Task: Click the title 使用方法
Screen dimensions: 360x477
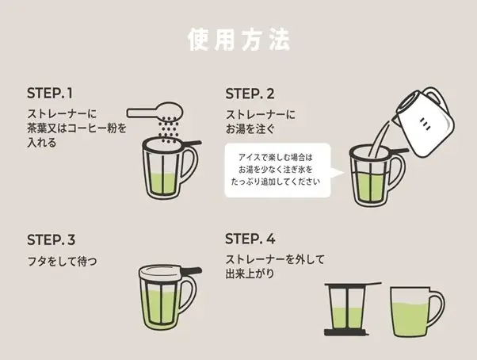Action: pyautogui.click(x=238, y=39)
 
